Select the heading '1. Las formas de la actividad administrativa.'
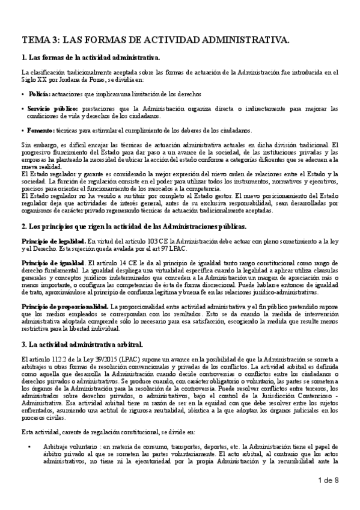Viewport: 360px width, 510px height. pos(90,58)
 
